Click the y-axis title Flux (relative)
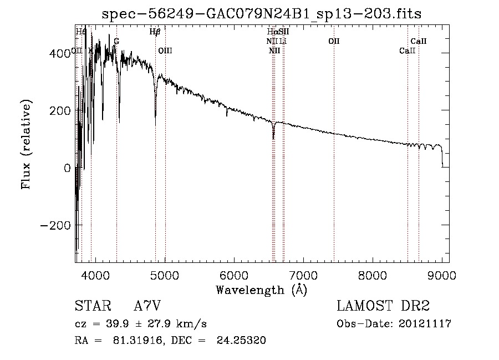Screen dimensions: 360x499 pos(26,145)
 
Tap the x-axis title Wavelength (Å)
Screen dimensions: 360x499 pos(261,290)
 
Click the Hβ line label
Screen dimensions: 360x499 pos(155,32)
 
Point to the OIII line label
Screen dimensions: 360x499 pos(165,50)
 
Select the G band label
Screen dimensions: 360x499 pos(116,41)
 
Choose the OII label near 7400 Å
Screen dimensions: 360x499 pos(334,41)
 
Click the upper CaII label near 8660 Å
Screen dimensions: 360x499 pos(418,41)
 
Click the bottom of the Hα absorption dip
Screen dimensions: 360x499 pos(273,138)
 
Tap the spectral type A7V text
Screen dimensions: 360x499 pos(147,306)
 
